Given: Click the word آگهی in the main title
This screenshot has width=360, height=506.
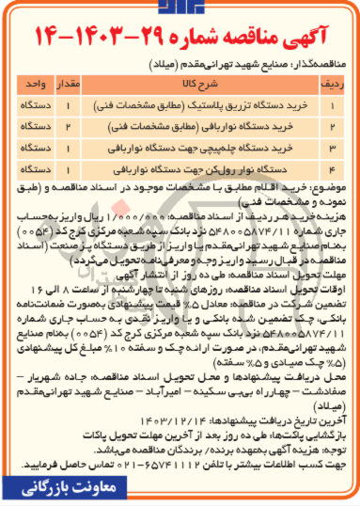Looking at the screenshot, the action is [309, 40].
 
